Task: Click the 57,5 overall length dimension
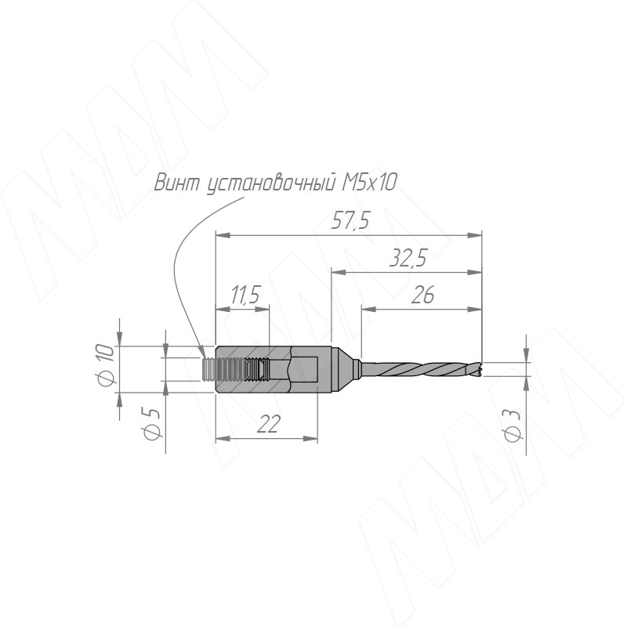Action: tap(350, 221)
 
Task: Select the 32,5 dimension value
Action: tap(408, 258)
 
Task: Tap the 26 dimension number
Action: tap(422, 295)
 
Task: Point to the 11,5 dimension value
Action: tap(245, 295)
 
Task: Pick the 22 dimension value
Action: tap(268, 423)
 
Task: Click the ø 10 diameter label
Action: tap(106, 366)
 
